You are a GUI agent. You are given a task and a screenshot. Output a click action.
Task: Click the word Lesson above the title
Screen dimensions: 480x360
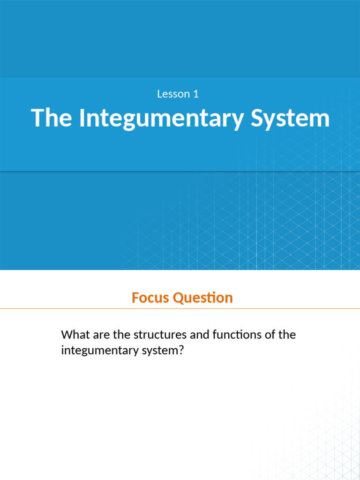point(173,94)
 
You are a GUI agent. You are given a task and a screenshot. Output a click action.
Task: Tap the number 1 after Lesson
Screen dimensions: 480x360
point(196,94)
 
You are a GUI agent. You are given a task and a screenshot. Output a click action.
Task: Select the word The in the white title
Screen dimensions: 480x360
point(51,118)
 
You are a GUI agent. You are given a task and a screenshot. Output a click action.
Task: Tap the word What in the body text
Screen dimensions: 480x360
point(75,335)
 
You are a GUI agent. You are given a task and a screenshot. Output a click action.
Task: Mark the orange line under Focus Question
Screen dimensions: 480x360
point(180,309)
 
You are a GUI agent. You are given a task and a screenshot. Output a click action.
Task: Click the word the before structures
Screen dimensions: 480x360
point(122,335)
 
